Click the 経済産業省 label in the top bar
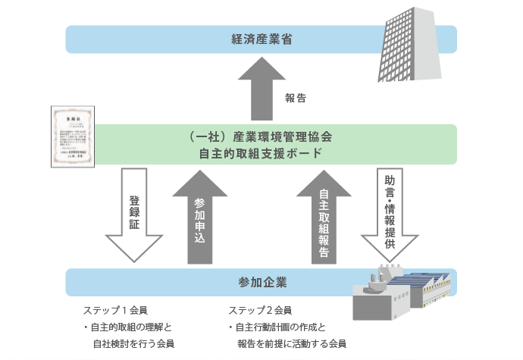pyautogui.click(x=261, y=39)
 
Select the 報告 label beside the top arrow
pyautogui.click(x=296, y=98)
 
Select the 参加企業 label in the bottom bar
pyautogui.click(x=261, y=283)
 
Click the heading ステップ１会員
pyautogui.click(x=114, y=311)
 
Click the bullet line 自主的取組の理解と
pyautogui.click(x=128, y=327)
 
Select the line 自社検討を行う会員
pyautogui.click(x=133, y=344)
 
